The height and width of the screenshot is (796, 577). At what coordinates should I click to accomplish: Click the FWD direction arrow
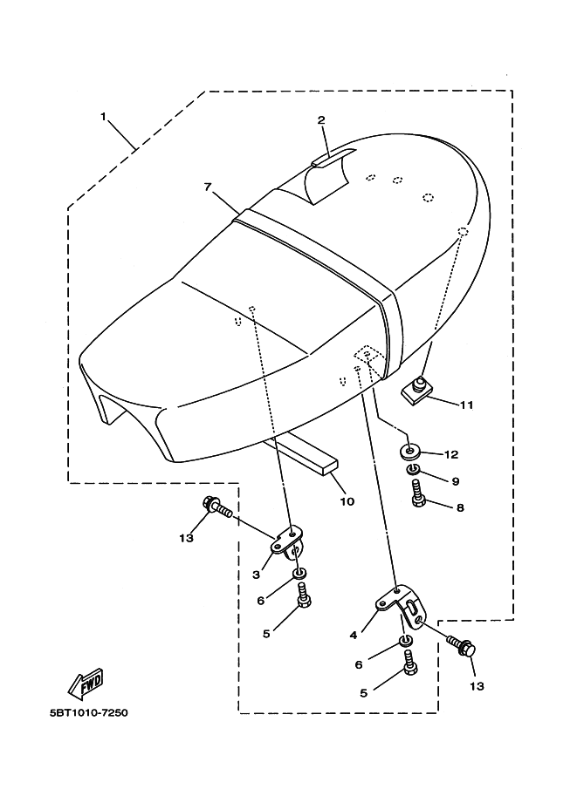tap(86, 683)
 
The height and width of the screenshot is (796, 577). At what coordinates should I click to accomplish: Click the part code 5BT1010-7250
tap(89, 713)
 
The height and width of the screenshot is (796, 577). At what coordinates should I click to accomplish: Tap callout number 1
tap(103, 117)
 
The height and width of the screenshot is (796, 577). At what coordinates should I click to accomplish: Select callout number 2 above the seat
tap(321, 120)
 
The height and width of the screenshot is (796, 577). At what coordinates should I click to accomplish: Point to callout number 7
tap(208, 187)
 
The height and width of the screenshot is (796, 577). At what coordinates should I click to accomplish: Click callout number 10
tap(347, 501)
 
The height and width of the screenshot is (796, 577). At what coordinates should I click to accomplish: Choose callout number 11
tap(467, 405)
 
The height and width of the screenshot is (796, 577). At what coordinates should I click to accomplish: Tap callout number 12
tap(451, 454)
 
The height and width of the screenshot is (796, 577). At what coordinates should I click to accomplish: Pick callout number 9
tap(456, 480)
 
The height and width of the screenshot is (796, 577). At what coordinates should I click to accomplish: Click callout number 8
tap(460, 507)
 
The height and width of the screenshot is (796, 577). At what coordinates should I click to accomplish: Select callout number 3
tap(257, 575)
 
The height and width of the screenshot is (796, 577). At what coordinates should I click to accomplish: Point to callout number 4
tap(354, 635)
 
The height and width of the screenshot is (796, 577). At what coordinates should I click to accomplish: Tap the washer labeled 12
tap(409, 450)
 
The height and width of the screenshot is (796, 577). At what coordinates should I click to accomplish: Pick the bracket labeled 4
tap(402, 606)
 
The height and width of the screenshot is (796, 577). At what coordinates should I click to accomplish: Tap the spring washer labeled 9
tap(413, 471)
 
